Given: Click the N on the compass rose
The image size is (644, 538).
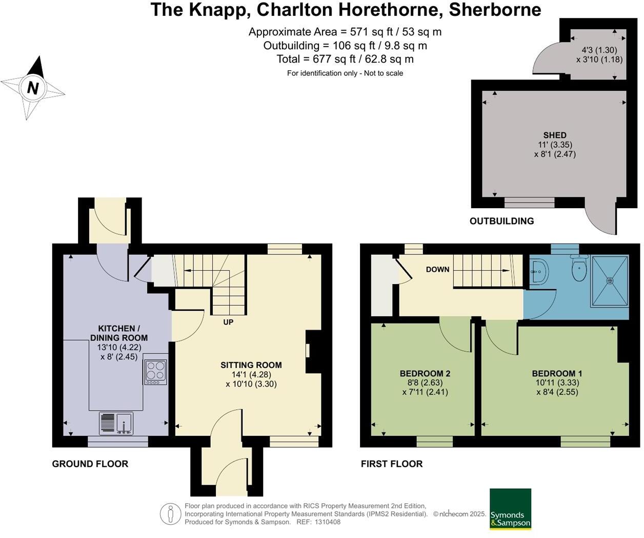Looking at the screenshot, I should click(33, 88).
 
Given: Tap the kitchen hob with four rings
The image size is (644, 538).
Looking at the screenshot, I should click(155, 372).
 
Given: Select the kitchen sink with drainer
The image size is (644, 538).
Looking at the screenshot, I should click(116, 424).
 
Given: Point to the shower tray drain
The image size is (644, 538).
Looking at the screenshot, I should click(610, 281).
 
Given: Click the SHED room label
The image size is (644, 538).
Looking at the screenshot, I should click(555, 135).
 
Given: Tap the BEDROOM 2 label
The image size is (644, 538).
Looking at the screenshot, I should click(425, 373).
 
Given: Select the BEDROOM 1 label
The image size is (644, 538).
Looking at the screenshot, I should click(557, 373).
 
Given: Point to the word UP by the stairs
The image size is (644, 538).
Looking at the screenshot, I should click(228, 322).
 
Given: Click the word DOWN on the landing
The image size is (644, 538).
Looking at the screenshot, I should click(437, 269).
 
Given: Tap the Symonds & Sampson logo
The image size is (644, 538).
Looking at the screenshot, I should click(510, 509).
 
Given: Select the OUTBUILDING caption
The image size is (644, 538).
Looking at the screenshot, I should click(501, 221).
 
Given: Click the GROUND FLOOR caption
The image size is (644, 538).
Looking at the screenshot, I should click(90, 464).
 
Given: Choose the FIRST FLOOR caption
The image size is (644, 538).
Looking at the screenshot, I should click(392, 464).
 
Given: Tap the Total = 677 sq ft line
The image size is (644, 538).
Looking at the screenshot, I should click(345, 59).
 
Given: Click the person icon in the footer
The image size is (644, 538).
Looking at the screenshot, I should click(170, 514).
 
